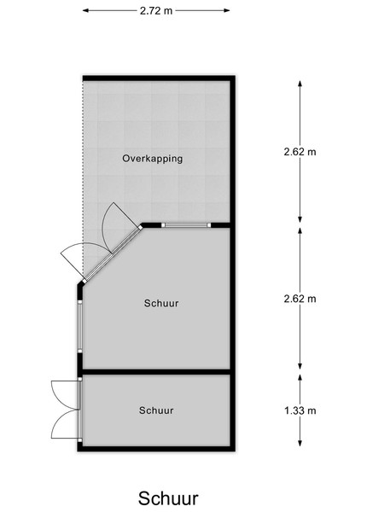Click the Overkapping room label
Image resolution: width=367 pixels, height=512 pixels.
[152, 159]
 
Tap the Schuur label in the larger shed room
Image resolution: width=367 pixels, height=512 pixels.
[161, 303]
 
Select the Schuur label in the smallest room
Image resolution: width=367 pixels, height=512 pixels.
[156, 410]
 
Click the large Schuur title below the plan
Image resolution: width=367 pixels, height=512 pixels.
[168, 498]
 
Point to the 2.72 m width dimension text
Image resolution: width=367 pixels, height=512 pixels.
[155, 11]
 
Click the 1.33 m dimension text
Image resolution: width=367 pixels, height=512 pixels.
[300, 410]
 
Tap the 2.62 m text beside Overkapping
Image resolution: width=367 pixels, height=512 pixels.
[300, 152]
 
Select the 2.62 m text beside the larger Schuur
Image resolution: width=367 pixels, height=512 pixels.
[300, 299]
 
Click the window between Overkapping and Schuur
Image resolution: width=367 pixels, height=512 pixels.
[186, 225]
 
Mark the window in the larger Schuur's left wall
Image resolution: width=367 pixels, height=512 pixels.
[79, 326]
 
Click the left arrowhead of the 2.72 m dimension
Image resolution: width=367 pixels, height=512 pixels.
[85, 10]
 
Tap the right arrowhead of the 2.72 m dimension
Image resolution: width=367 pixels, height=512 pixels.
[226, 10]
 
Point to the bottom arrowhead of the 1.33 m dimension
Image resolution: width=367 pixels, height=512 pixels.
[300, 443]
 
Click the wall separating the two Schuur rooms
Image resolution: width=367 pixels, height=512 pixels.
[156, 371]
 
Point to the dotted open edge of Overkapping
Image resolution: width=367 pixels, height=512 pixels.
[83, 178]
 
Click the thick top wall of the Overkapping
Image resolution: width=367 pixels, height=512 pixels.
[159, 79]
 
